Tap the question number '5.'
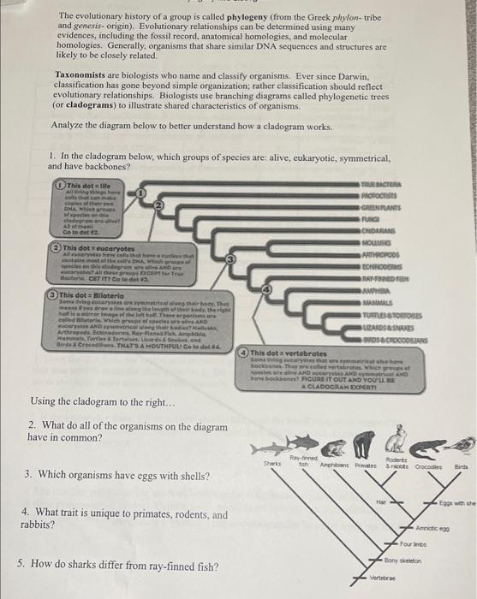(x=21, y=564)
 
